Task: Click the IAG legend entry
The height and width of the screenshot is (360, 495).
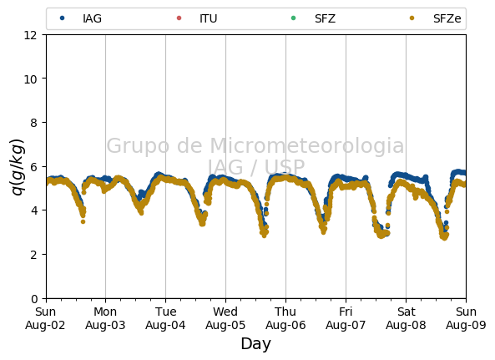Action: pos(81,18)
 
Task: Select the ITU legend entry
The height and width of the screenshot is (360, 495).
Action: pos(197,18)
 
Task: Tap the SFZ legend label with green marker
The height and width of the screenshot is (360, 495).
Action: pos(313,18)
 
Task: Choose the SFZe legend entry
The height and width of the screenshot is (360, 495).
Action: pos(435,18)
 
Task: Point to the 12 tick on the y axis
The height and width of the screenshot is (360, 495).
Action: pos(31,35)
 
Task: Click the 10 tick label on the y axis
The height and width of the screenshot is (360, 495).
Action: pos(31,79)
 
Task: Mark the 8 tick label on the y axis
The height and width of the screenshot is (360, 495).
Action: pos(34,123)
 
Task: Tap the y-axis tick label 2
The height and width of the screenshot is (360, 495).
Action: pos(34,255)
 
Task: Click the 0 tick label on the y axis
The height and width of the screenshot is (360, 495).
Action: pos(34,298)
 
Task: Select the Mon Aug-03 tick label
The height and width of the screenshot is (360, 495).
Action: pos(105,318)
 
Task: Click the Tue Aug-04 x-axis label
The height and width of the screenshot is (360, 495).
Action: pos(165,318)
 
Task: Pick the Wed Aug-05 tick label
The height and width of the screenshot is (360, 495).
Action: pos(225,318)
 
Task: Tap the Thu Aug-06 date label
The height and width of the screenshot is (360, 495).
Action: pos(285,318)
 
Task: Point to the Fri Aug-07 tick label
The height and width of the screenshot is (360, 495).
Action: pos(346,318)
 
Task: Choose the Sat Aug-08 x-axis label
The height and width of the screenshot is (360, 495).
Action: pos(406,318)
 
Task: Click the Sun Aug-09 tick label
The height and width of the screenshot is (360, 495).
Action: pos(466,318)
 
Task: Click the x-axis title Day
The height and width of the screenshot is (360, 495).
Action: pos(256,343)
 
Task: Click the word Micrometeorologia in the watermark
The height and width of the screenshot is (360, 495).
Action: pos(307,145)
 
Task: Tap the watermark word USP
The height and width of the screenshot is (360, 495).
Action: pos(285,167)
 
